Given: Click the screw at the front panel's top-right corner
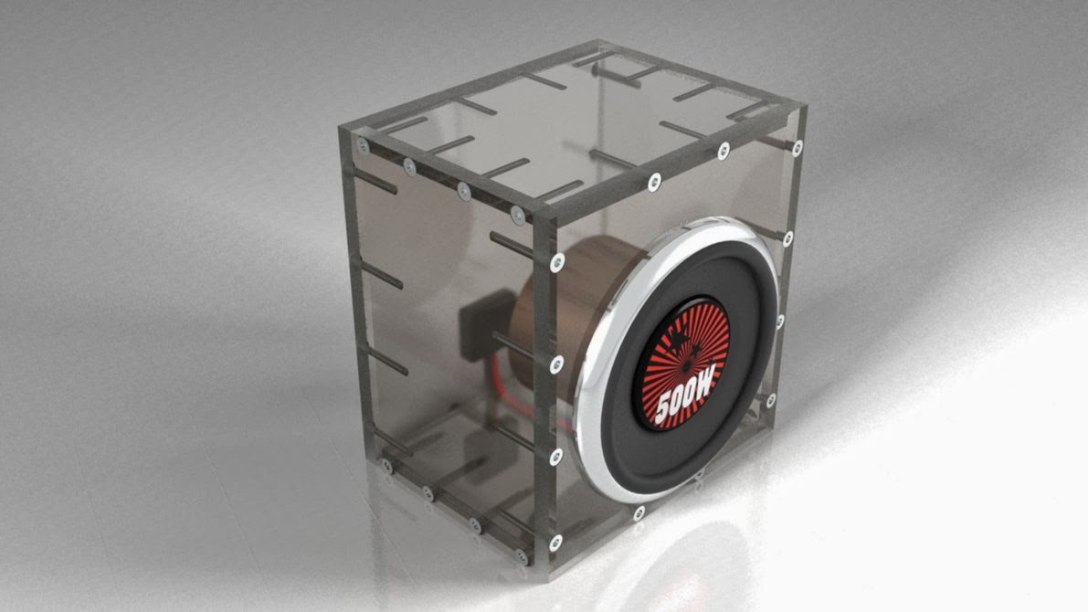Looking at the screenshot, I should point(798,146).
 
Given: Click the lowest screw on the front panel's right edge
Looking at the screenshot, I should point(770,400).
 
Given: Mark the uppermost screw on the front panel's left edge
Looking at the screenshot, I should point(556,261).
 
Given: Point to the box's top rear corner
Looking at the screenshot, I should point(598,43).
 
